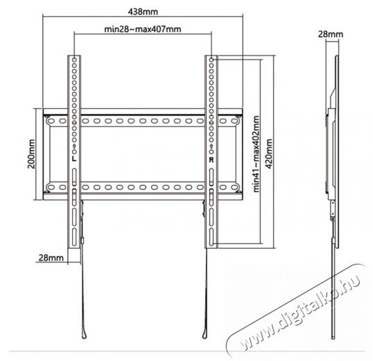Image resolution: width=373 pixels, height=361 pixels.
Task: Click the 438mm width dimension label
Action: (x=143, y=12)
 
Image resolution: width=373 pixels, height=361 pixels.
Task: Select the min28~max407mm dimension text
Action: (x=143, y=29)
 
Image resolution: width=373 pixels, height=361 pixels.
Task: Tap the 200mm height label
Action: (x=31, y=154)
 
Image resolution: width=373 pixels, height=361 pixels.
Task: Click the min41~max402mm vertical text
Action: (x=256, y=154)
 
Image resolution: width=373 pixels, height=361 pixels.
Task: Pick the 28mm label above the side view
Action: (x=331, y=34)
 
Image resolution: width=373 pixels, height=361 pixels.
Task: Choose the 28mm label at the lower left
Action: (x=51, y=258)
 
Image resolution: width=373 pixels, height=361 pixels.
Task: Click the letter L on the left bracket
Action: (x=74, y=159)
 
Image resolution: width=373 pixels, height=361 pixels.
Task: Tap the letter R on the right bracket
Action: (x=211, y=160)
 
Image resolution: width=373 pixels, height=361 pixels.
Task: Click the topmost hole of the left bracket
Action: (x=74, y=60)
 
